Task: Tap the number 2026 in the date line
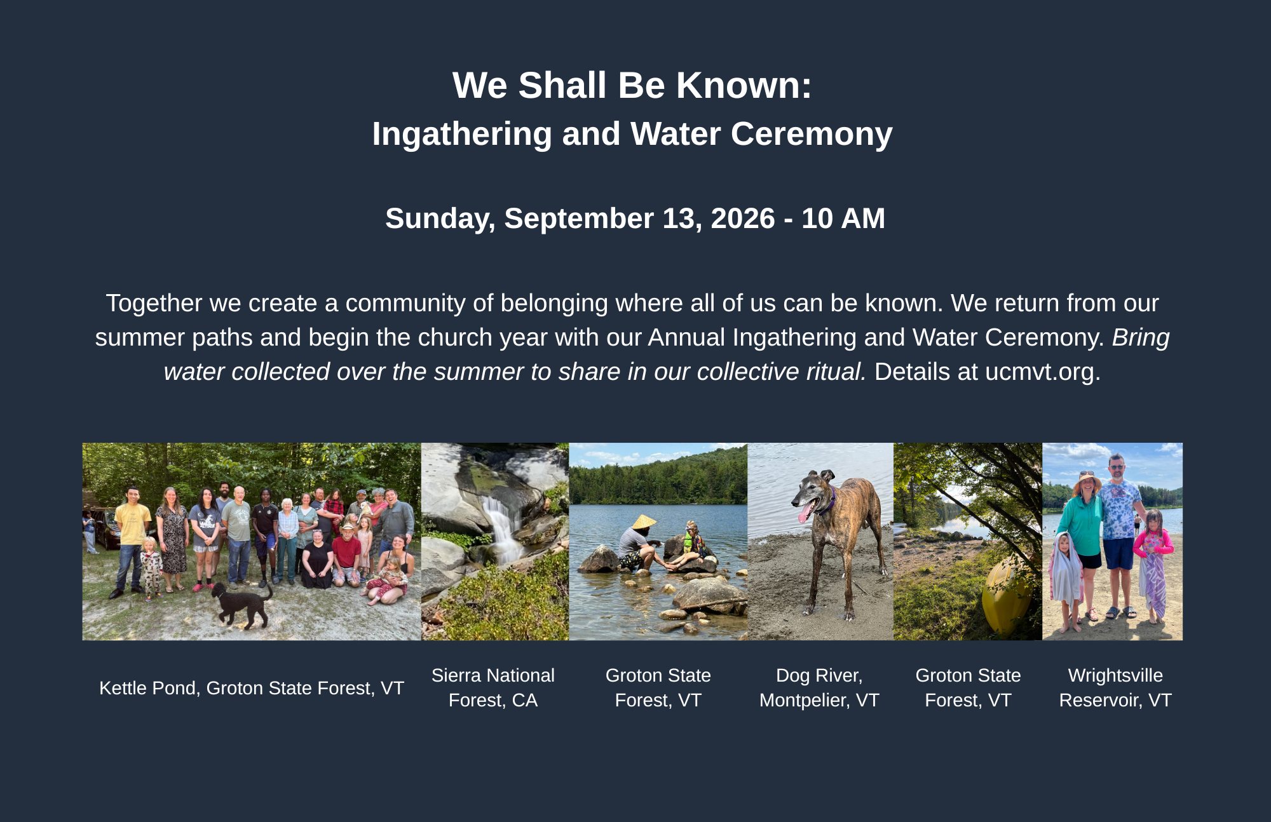743,219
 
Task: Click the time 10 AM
843,219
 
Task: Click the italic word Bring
1141,338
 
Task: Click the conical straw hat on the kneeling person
644,522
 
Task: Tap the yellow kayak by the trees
1006,595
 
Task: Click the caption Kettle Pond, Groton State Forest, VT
252,688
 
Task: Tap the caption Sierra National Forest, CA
493,688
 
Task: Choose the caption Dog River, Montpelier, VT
819,688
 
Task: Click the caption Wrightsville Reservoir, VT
1115,688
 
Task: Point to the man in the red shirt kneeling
347,555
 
